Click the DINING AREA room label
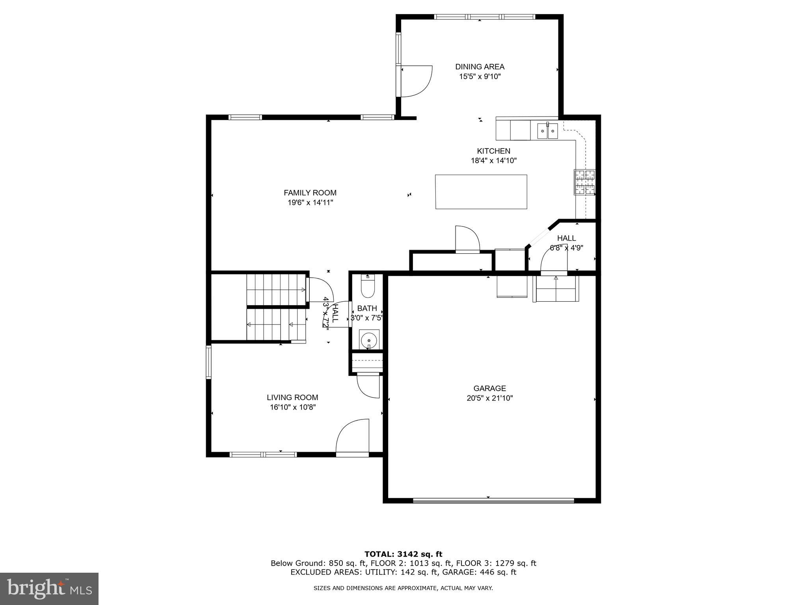480,67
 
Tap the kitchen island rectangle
481,192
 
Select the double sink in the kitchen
548,131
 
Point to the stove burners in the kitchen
584,182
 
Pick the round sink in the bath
369,339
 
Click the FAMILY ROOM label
310,193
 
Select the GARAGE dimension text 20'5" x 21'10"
489,398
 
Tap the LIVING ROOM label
292,397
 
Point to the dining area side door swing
417,81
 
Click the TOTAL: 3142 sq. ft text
403,554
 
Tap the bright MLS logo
49,589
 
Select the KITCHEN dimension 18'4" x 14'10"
493,161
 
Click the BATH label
367,308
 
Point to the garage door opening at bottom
493,501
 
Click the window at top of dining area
484,17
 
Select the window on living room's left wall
209,362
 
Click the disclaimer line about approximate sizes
403,588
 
